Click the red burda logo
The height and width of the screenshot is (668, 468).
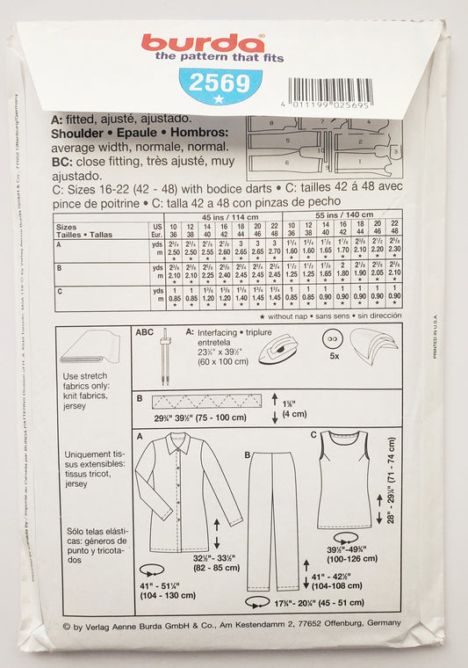[203, 42]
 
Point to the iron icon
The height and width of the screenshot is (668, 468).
[277, 345]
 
